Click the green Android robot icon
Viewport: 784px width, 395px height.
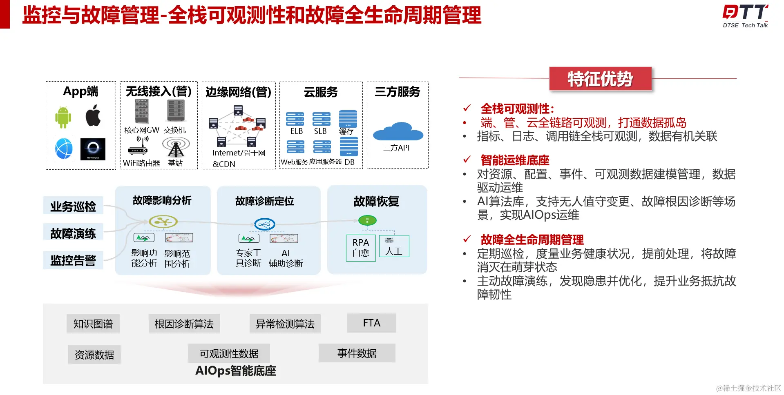[63, 117]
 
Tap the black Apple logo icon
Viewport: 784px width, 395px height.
[93, 115]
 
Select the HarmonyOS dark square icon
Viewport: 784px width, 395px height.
[93, 149]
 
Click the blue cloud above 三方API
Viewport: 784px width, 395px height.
[398, 131]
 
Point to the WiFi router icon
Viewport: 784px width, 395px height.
[138, 146]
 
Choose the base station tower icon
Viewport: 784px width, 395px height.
[176, 147]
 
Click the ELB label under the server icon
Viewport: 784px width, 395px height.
[297, 131]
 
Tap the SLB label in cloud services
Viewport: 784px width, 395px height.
[320, 131]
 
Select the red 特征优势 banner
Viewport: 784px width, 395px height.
[600, 79]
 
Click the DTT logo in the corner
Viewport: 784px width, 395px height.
[745, 16]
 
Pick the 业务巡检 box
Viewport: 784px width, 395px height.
[73, 206]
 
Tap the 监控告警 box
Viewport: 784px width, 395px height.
[73, 260]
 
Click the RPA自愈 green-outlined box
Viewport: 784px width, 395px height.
[361, 248]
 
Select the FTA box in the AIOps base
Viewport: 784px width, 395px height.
[371, 323]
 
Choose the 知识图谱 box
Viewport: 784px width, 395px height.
[93, 324]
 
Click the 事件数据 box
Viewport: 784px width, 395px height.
[357, 353]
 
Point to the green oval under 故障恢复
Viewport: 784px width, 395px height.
[367, 221]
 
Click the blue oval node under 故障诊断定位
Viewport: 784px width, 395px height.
[264, 224]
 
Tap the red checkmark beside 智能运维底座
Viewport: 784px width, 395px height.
[467, 160]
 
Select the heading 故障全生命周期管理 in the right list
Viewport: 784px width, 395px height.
[532, 240]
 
